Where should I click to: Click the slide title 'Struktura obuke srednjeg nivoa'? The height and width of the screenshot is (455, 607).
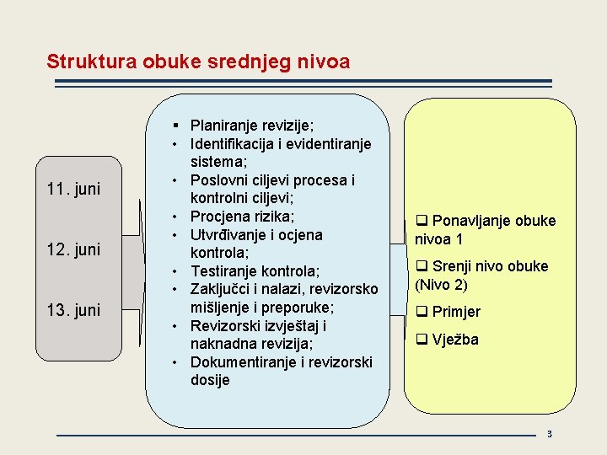click(x=198, y=62)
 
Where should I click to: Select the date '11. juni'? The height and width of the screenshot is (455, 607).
click(x=73, y=189)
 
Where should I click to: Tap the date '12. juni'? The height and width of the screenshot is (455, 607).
click(x=73, y=249)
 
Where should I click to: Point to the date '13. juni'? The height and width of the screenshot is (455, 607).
click(x=73, y=310)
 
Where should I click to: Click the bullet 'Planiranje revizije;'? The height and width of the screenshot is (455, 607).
click(x=252, y=125)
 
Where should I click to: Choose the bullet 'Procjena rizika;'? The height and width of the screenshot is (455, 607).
click(x=243, y=217)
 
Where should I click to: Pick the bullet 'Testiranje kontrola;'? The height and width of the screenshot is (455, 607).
click(x=255, y=271)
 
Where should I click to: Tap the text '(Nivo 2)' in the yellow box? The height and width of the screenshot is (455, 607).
click(x=441, y=285)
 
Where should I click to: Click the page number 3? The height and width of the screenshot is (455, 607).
click(x=549, y=435)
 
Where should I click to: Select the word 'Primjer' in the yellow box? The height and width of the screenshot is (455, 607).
click(x=456, y=312)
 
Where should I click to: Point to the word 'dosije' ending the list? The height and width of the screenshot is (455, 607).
click(x=210, y=380)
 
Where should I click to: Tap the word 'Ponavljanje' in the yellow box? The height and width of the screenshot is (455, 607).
click(x=473, y=221)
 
